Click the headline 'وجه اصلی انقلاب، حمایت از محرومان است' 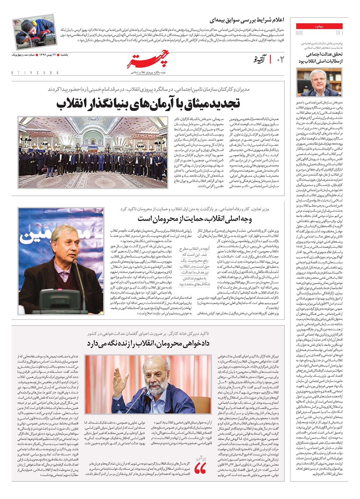(x=195, y=219)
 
